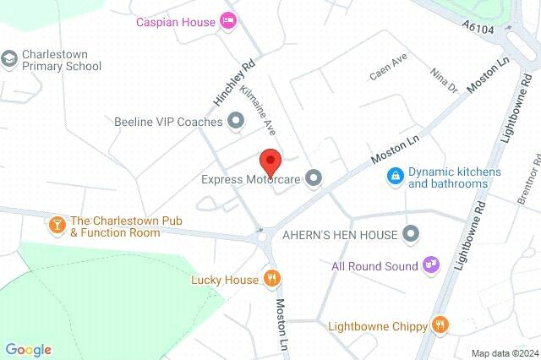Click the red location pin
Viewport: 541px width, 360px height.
[x=270, y=160]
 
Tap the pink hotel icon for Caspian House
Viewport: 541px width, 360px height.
[x=227, y=20]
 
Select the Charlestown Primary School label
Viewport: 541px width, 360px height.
[x=62, y=59]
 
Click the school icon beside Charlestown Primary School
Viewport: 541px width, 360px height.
[x=9, y=58]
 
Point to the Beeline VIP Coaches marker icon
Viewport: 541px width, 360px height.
[x=236, y=122]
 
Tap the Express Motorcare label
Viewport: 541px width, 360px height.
[x=251, y=178]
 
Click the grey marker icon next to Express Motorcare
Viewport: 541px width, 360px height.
[x=314, y=177]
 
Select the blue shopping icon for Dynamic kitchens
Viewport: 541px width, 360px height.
[x=394, y=176]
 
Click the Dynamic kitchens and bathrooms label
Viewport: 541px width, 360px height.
[x=455, y=177]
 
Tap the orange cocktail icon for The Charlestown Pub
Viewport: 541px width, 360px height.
[x=57, y=225]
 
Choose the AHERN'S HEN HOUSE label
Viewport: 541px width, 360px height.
[x=339, y=233]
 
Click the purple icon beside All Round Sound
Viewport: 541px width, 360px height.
[x=431, y=265]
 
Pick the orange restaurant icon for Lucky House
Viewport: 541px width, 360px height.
[x=271, y=278]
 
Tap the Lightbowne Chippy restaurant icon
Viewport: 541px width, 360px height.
[x=440, y=324]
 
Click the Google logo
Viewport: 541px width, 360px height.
[x=28, y=349]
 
